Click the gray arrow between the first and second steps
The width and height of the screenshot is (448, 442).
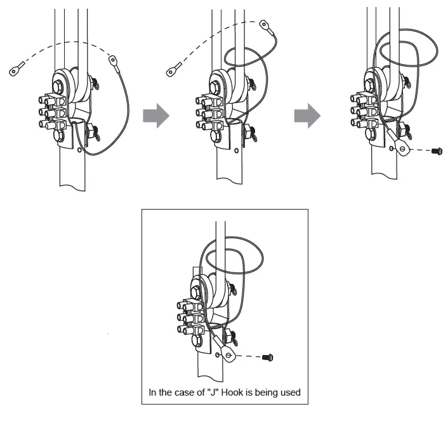155,116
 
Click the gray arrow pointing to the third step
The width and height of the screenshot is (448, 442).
307,116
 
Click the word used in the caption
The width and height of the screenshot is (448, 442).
290,392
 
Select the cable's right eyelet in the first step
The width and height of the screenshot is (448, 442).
114,61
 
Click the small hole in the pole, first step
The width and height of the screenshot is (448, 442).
79,151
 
